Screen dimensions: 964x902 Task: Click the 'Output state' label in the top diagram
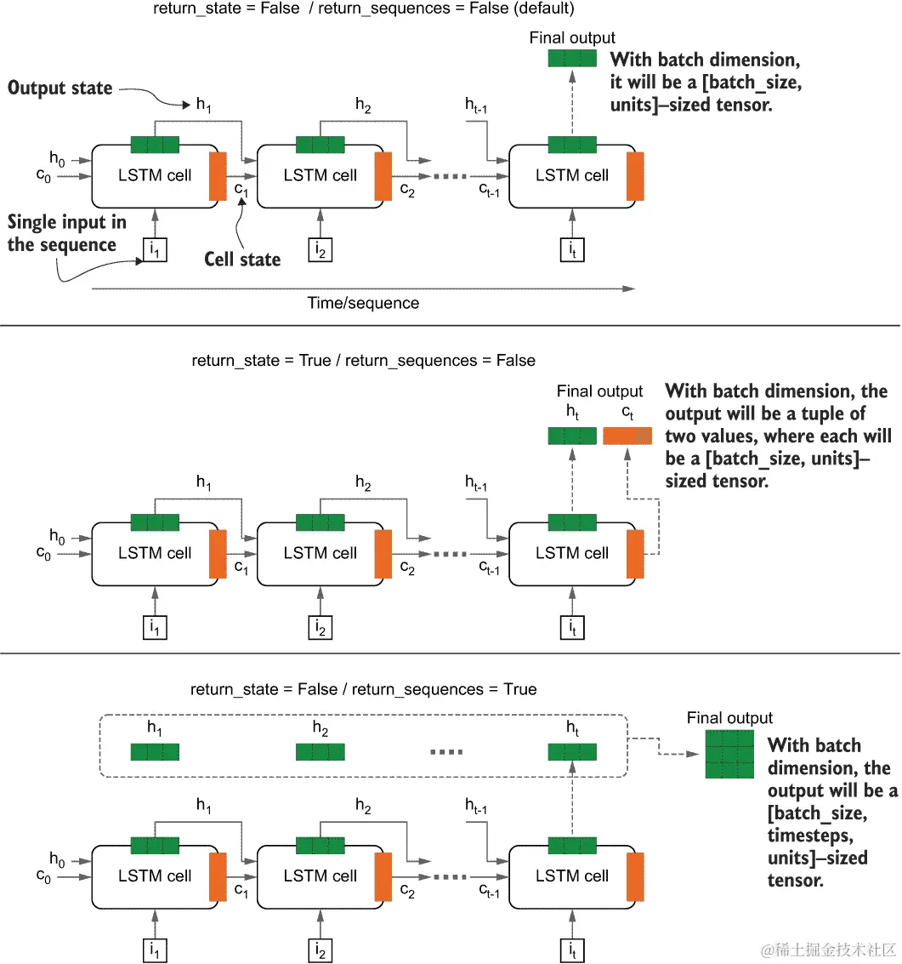60,88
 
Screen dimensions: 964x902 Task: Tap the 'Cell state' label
242,259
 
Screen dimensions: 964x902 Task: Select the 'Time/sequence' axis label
363,303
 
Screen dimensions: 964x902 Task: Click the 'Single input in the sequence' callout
67,233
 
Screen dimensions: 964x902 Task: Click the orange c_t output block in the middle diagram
627,436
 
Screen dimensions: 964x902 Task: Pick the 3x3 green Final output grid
729,755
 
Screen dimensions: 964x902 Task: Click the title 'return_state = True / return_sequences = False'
364,361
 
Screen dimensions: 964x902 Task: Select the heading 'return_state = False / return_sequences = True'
364,689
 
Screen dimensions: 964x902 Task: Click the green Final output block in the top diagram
572,59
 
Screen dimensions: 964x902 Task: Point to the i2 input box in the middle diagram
321,628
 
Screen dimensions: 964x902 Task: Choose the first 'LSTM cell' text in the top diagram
155,175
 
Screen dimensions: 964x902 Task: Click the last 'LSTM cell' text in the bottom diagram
572,876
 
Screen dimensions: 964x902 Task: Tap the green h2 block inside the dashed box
321,751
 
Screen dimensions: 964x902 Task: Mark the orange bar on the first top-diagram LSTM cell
218,176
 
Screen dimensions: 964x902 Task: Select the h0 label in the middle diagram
57,536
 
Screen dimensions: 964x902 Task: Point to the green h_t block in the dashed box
572,751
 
